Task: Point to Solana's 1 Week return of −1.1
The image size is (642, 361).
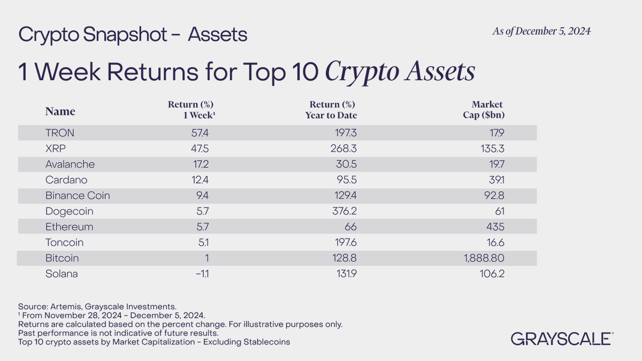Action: point(203,274)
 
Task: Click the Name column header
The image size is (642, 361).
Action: point(60,111)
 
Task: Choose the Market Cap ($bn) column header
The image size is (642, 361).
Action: point(485,110)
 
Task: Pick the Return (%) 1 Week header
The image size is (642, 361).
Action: point(190,110)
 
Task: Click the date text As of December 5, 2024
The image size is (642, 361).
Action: point(541,32)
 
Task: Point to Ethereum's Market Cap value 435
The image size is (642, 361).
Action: point(494,227)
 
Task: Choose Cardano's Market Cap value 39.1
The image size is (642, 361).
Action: point(495,180)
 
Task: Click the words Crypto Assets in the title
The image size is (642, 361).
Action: point(400,72)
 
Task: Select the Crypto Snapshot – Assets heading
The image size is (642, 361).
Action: point(133,35)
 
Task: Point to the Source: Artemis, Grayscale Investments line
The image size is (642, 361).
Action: point(97,306)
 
